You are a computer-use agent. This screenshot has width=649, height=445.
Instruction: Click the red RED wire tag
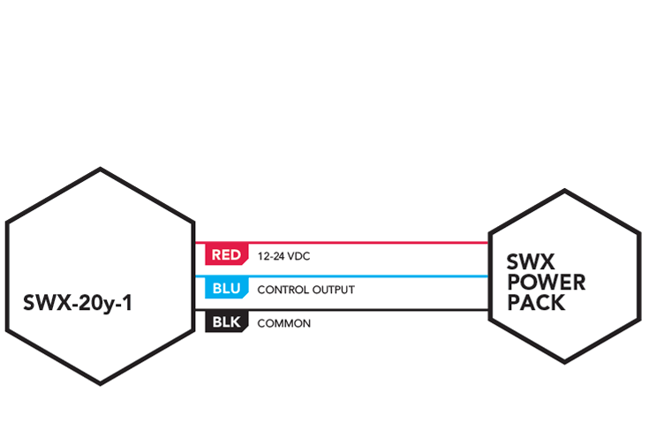226,254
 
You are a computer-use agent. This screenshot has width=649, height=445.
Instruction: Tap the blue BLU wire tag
226,288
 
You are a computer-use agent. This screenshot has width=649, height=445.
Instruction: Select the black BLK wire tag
226,321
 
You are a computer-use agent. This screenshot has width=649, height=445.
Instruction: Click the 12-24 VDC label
283,257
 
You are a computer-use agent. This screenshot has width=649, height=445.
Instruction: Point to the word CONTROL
283,290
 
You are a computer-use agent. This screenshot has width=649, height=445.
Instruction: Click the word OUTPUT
334,290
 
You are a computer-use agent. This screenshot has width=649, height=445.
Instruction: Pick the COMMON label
284,323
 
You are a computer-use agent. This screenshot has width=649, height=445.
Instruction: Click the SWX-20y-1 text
78,303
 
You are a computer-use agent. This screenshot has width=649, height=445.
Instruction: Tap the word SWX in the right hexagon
530,261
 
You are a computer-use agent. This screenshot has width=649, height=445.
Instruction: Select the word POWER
547,283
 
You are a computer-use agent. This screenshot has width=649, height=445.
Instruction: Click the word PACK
536,303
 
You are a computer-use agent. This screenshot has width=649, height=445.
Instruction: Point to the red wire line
342,243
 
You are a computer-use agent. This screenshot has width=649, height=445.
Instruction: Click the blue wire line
342,276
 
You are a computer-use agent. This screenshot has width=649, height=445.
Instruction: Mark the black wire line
342,310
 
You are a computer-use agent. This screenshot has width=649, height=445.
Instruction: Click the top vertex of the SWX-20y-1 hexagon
100,169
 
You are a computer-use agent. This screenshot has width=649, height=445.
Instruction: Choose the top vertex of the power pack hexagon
565,190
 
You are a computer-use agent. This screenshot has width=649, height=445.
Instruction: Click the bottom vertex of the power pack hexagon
565,363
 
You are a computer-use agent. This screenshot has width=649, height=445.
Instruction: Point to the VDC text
298,257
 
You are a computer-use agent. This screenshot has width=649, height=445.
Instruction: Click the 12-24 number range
271,257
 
